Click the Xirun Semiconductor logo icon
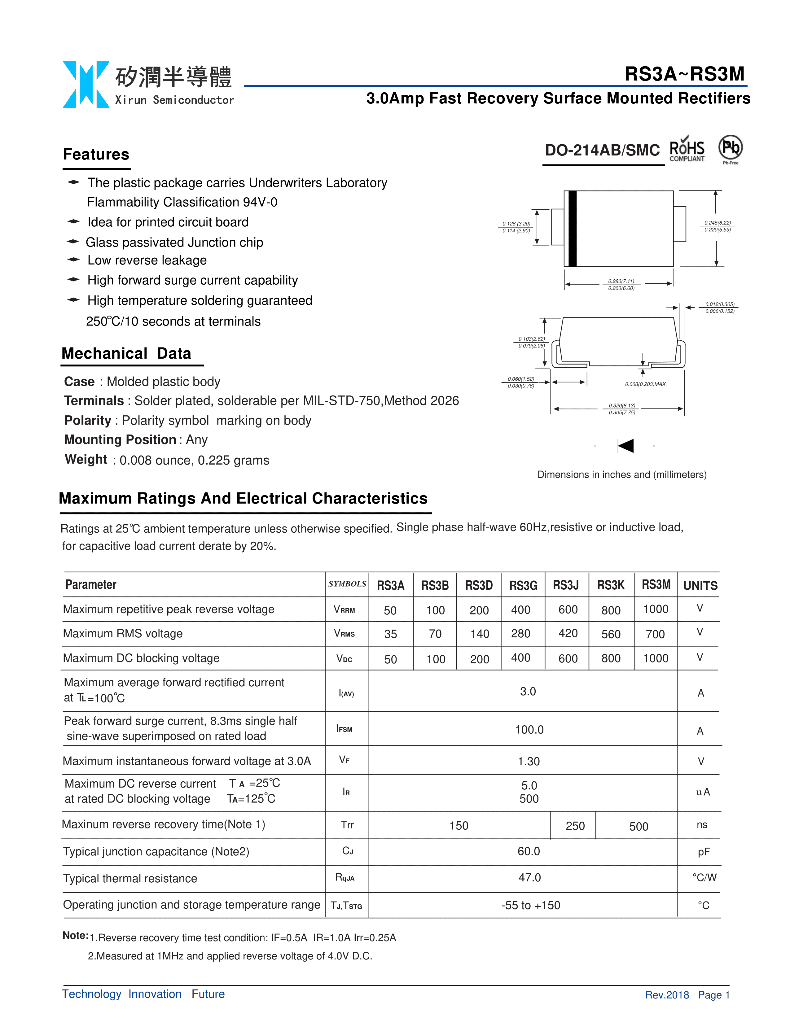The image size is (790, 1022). [86, 85]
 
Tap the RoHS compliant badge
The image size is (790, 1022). [687, 150]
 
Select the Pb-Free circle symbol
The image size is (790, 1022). [730, 148]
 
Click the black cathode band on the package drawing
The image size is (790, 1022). [572, 229]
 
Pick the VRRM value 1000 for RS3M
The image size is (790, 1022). [656, 609]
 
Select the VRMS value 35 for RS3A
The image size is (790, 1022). [390, 634]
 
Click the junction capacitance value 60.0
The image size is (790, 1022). [529, 851]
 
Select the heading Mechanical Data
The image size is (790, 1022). [126, 353]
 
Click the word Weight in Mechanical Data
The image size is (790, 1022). [86, 460]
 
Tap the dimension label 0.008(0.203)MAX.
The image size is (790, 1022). [645, 384]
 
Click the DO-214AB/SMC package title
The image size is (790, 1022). [602, 150]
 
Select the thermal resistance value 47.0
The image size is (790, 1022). [529, 877]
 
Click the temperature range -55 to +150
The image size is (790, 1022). [531, 905]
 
